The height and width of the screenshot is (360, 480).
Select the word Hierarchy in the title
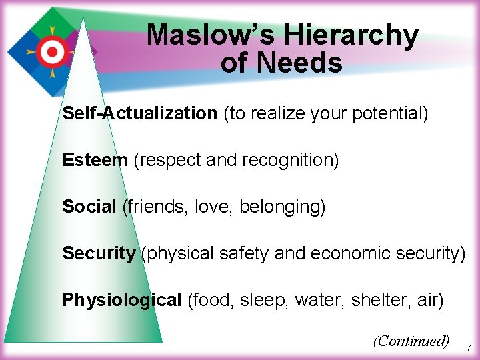[363, 35]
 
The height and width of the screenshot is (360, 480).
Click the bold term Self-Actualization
[140, 113]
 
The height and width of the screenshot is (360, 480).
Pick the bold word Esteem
[95, 160]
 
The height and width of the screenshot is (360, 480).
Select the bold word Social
[89, 207]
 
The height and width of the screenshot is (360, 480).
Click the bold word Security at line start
[99, 253]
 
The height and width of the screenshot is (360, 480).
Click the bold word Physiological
[122, 300]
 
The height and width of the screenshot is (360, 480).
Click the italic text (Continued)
[411, 341]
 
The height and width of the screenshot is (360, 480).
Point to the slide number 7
[469, 348]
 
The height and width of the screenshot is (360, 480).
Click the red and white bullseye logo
[51, 49]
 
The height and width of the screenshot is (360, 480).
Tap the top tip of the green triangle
[83, 19]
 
